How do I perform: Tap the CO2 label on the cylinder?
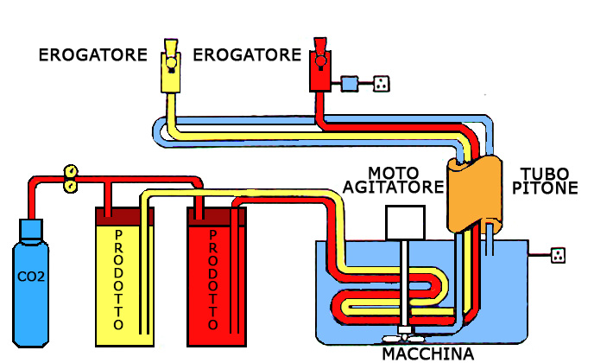tap(30, 278)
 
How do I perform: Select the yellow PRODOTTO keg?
tap(123, 277)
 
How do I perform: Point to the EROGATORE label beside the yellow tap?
tap(92, 56)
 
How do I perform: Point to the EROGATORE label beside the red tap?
tap(247, 56)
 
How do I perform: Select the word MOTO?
tap(393, 171)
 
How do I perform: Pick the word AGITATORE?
tap(393, 187)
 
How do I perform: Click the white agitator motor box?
tap(405, 223)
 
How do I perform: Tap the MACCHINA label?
tap(428, 354)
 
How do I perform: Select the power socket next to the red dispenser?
tap(380, 83)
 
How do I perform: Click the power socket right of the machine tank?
tap(559, 255)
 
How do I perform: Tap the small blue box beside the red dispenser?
tap(350, 83)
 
